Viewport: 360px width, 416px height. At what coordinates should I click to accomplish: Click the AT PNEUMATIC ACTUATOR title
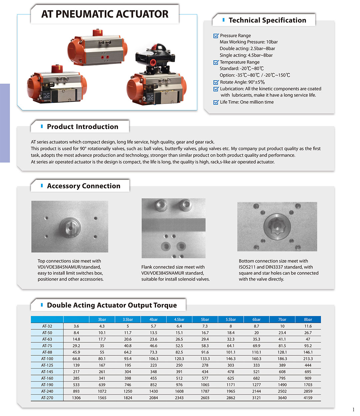[x=105, y=14]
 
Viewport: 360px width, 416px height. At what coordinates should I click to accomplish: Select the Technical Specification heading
[x=267, y=20]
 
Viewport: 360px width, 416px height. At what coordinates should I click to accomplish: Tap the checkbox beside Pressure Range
[x=216, y=36]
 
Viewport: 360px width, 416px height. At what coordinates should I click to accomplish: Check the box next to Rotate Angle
[x=216, y=82]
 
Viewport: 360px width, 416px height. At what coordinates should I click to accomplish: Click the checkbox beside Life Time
[x=216, y=102]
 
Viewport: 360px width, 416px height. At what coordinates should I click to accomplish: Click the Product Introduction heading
[x=82, y=127]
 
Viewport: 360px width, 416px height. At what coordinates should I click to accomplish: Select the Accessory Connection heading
[x=83, y=186]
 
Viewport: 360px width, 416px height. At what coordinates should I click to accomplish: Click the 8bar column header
[x=308, y=319]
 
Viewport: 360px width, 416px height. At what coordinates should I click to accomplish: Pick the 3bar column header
[x=102, y=319]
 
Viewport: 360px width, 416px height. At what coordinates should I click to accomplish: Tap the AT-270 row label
[x=47, y=398]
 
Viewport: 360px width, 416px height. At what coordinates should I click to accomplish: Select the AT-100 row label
[x=47, y=359]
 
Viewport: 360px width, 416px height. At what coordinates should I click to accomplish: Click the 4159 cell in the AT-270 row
[x=308, y=398]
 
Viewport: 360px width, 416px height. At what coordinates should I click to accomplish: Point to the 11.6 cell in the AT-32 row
[x=308, y=326]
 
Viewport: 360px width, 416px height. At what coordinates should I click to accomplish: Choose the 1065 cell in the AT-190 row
[x=205, y=385]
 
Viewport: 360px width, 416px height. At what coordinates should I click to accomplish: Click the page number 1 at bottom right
[x=353, y=410]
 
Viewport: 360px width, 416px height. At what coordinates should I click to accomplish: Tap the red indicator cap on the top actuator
[x=97, y=32]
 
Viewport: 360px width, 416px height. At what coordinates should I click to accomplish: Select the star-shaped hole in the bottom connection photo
[x=277, y=226]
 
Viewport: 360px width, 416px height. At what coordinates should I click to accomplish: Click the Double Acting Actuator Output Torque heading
[x=112, y=305]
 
